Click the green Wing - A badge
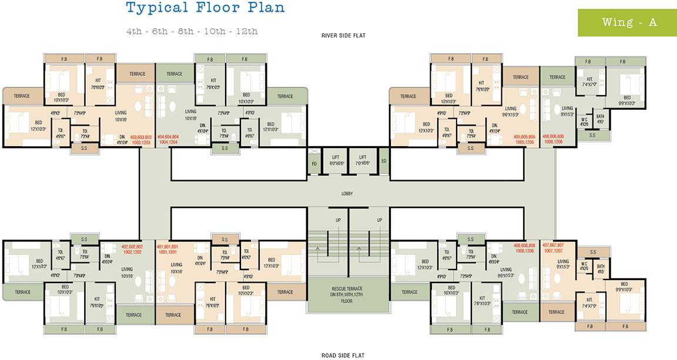(627, 23)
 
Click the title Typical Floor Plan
(205, 8)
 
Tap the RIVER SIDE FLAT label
(343, 36)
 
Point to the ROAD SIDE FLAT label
(343, 355)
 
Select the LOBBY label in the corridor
(347, 193)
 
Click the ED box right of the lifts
(384, 161)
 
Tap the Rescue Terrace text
(347, 294)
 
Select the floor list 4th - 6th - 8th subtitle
(192, 31)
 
